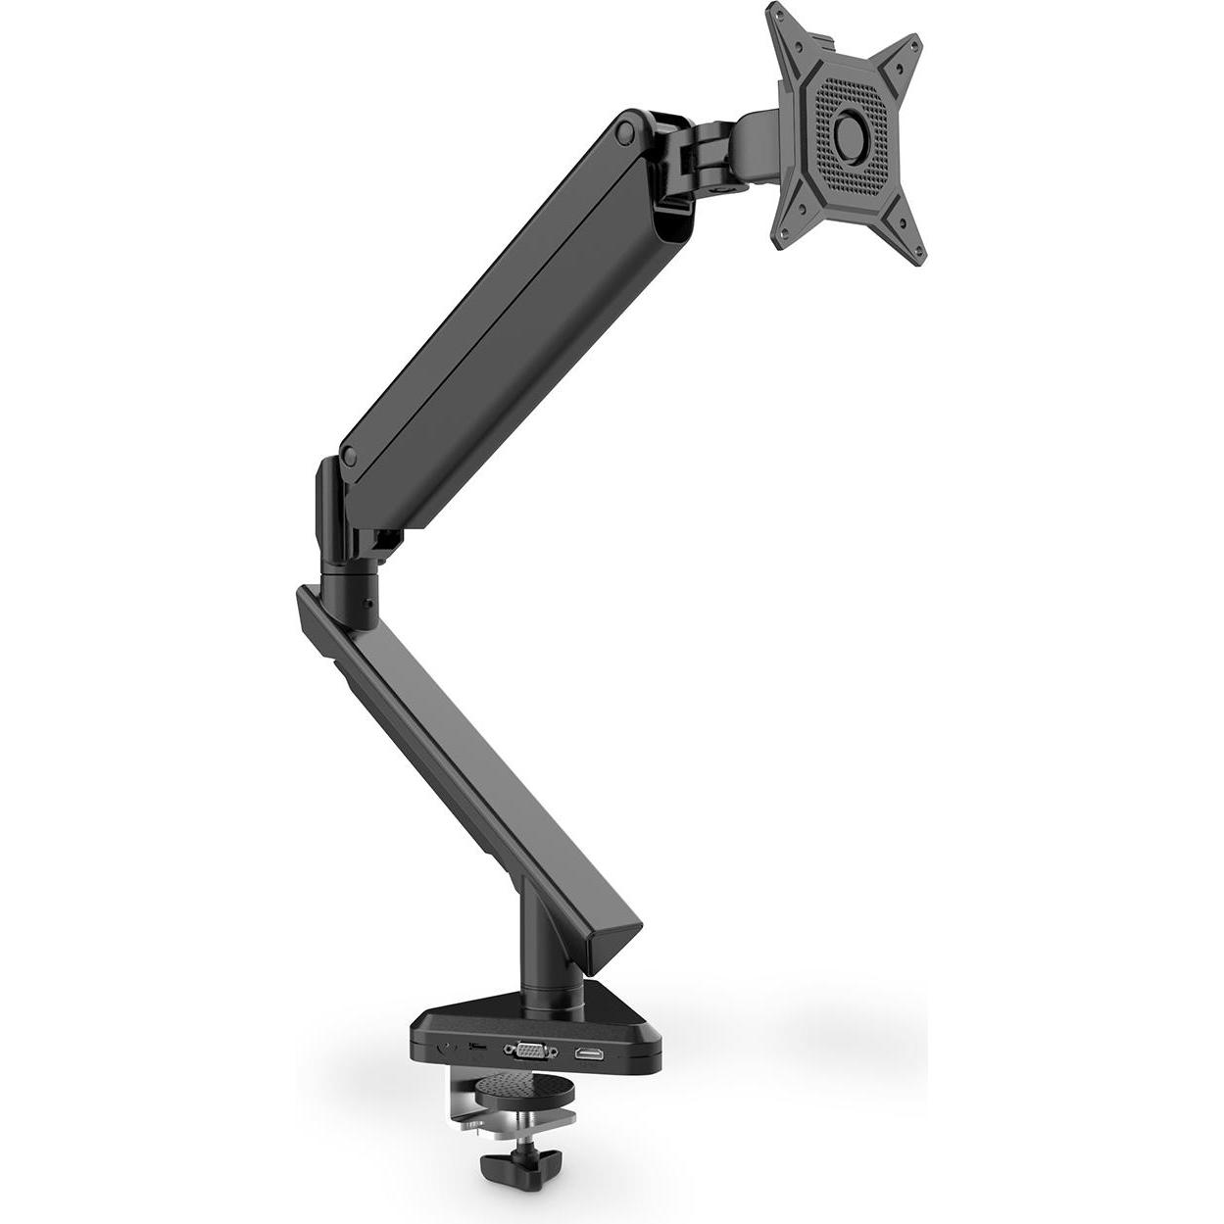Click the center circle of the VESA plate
854,133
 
